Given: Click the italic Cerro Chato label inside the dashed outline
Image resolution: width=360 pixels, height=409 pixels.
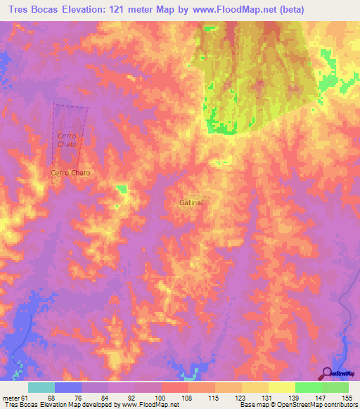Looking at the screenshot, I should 67,139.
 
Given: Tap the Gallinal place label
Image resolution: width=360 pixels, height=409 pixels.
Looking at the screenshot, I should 191,202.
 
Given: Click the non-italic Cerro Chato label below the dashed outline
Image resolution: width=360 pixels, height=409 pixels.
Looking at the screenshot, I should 70,172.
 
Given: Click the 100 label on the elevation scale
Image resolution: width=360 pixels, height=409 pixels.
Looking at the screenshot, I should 160,397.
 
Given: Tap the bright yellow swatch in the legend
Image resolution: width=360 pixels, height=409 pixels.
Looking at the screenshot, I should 281,387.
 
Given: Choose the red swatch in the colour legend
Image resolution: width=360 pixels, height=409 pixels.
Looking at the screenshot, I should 174,387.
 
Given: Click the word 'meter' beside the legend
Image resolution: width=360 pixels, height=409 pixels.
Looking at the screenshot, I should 10,397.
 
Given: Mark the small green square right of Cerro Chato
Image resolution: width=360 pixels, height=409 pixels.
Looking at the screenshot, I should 122,188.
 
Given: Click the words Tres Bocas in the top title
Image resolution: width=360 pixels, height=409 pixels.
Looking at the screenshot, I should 31,9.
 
